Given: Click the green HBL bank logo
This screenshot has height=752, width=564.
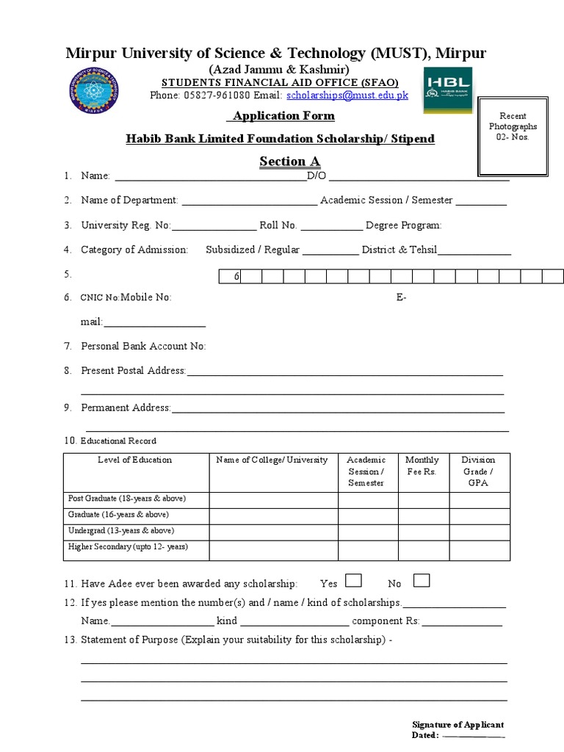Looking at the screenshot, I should click(x=447, y=90).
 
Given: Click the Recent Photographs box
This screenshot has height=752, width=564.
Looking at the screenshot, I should click(x=513, y=136).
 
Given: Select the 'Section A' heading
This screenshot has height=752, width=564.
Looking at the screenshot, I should click(x=289, y=162).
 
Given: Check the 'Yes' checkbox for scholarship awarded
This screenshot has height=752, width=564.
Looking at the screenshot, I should click(x=353, y=581).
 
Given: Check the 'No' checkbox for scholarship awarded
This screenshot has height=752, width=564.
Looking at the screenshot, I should click(x=422, y=581).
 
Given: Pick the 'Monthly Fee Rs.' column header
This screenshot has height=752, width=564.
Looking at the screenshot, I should click(x=422, y=466).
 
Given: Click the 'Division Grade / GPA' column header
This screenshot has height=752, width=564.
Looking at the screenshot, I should click(x=478, y=471).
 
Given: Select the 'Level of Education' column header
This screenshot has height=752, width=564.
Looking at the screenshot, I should click(x=135, y=460).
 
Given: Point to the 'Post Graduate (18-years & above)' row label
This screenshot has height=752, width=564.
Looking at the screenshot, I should click(x=127, y=499).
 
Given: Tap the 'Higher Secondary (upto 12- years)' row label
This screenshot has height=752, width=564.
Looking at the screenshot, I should click(x=128, y=547).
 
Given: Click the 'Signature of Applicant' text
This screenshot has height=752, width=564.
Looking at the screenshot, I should click(x=458, y=725).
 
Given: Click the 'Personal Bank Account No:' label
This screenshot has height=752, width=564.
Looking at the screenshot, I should click(x=143, y=346).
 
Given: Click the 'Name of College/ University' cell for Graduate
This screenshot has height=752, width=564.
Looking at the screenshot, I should click(x=273, y=516).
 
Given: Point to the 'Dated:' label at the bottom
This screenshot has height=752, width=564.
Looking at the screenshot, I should click(x=425, y=735).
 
